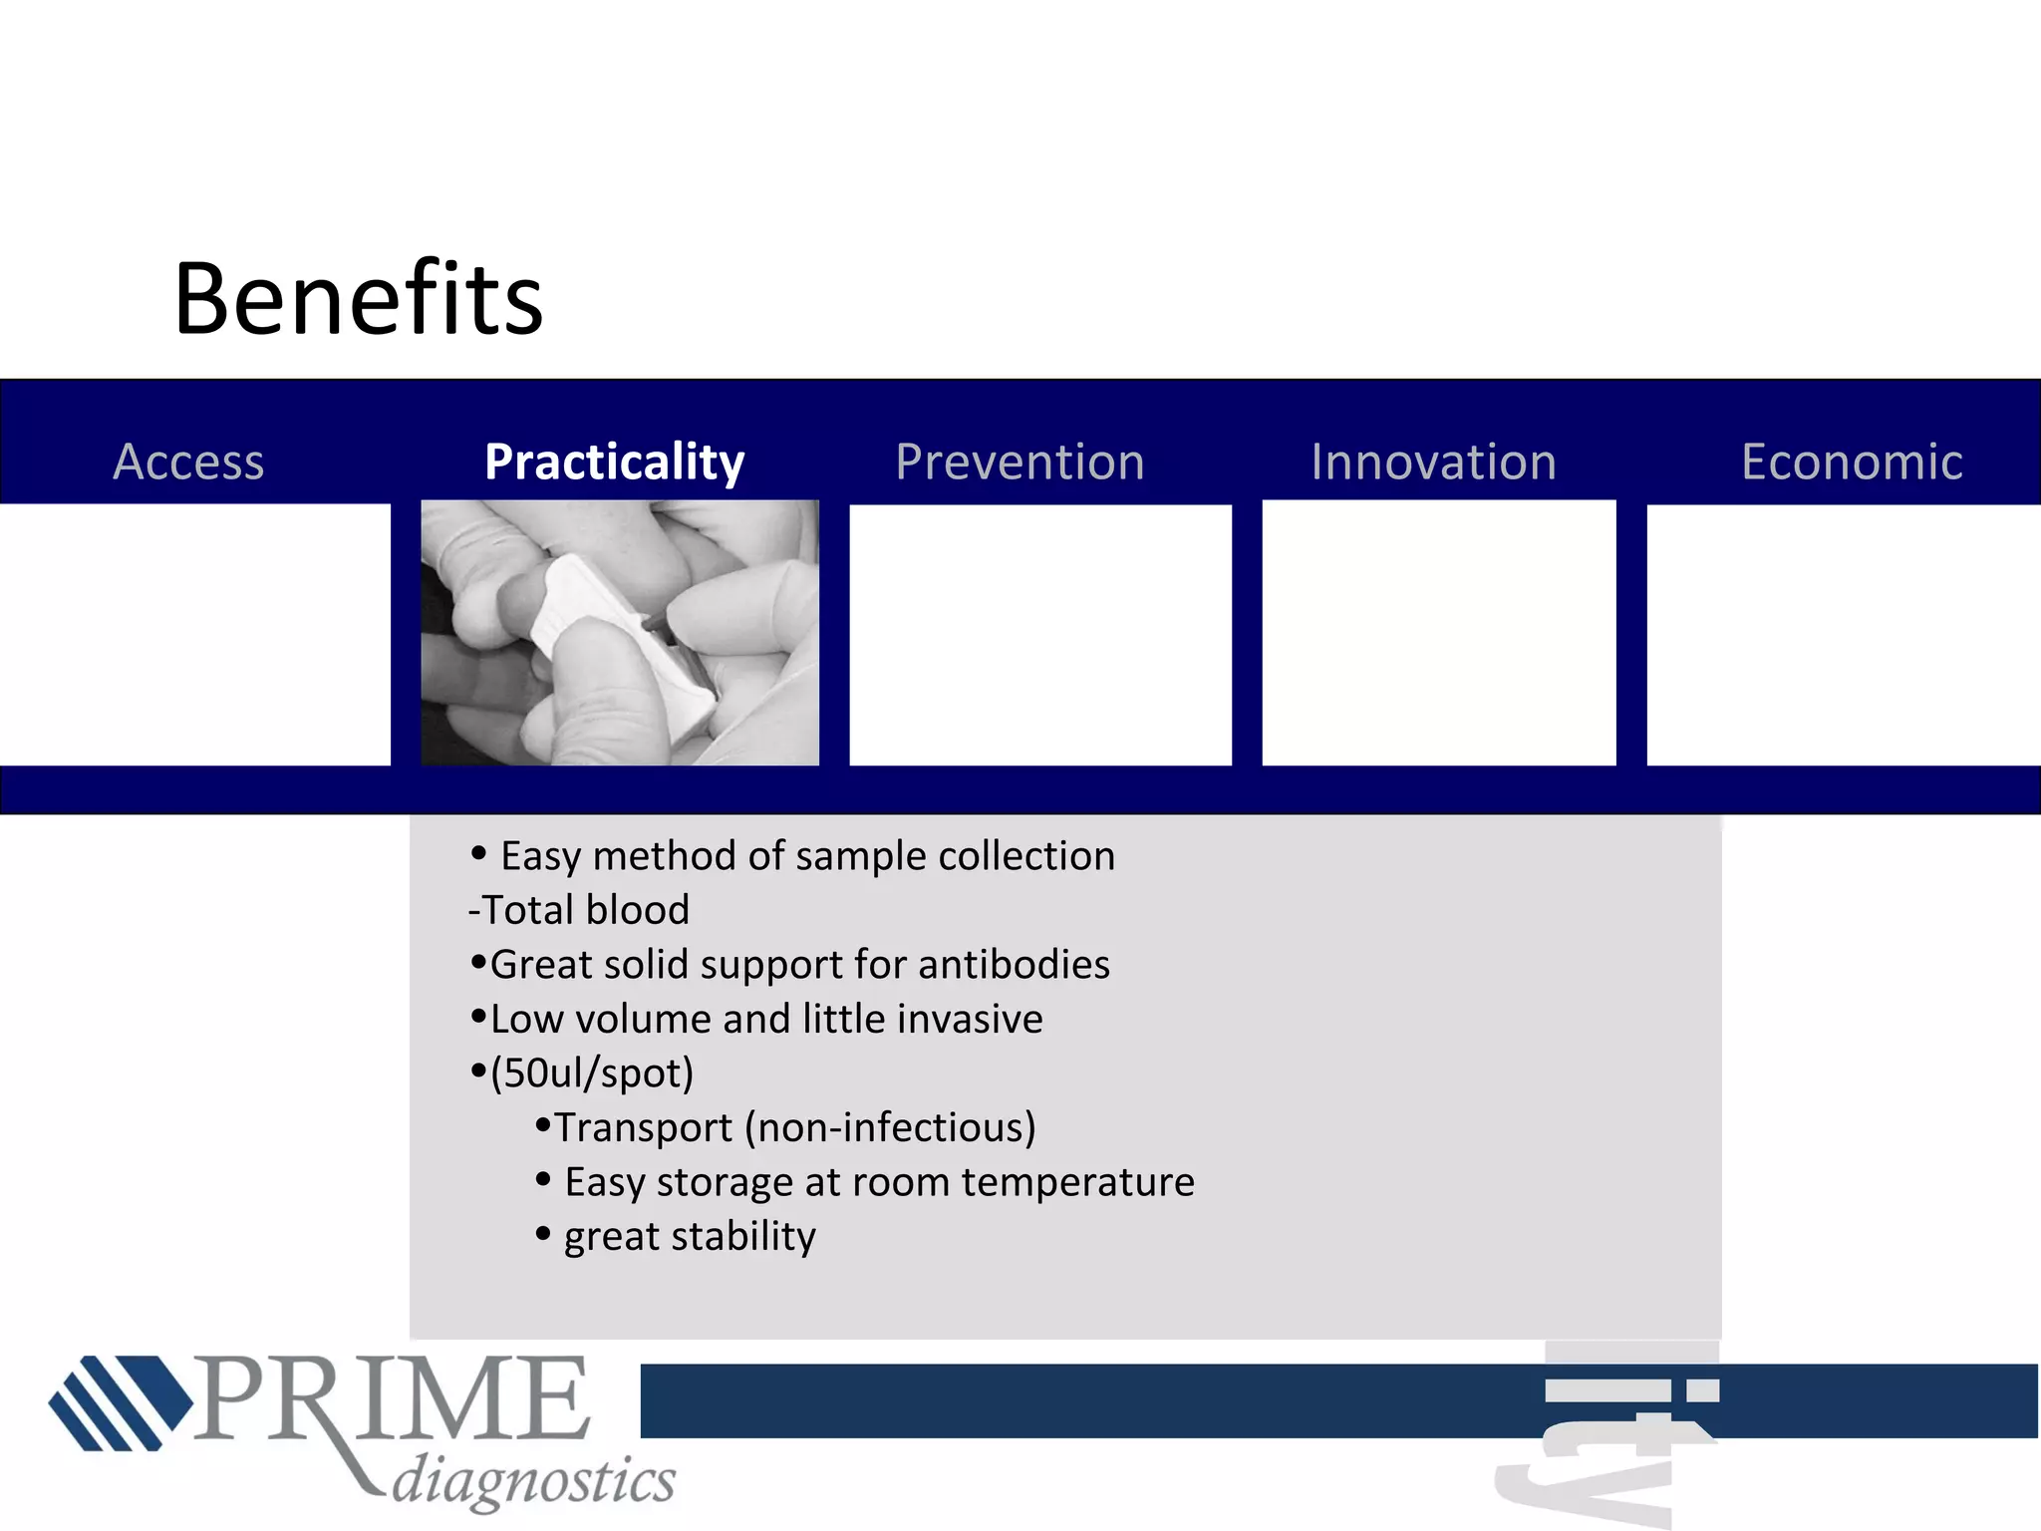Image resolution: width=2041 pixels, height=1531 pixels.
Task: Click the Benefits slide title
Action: (358, 299)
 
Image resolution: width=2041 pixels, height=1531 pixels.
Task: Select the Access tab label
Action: (188, 461)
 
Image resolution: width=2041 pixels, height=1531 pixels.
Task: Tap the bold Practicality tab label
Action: (614, 462)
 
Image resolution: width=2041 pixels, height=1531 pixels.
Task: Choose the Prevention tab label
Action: (1020, 462)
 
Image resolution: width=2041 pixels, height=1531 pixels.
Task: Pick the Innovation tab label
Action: (1433, 462)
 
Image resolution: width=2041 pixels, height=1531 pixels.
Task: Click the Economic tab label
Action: (1852, 462)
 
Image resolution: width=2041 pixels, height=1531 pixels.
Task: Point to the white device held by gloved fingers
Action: (618, 638)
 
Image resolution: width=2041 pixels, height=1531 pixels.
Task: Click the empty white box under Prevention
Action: (1039, 635)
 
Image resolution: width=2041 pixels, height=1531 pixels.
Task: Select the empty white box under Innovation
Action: (1438, 635)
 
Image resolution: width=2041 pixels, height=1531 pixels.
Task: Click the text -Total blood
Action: (579, 910)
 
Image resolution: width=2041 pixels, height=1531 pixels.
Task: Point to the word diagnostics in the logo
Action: (533, 1480)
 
